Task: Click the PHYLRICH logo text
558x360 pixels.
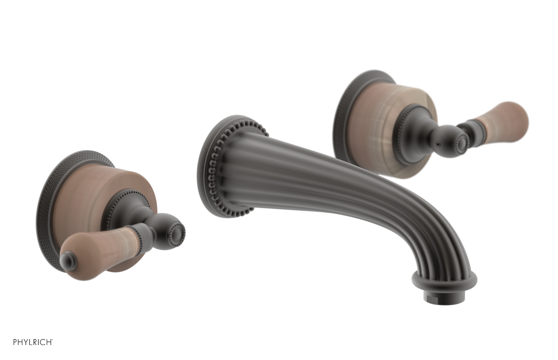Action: coord(33,342)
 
